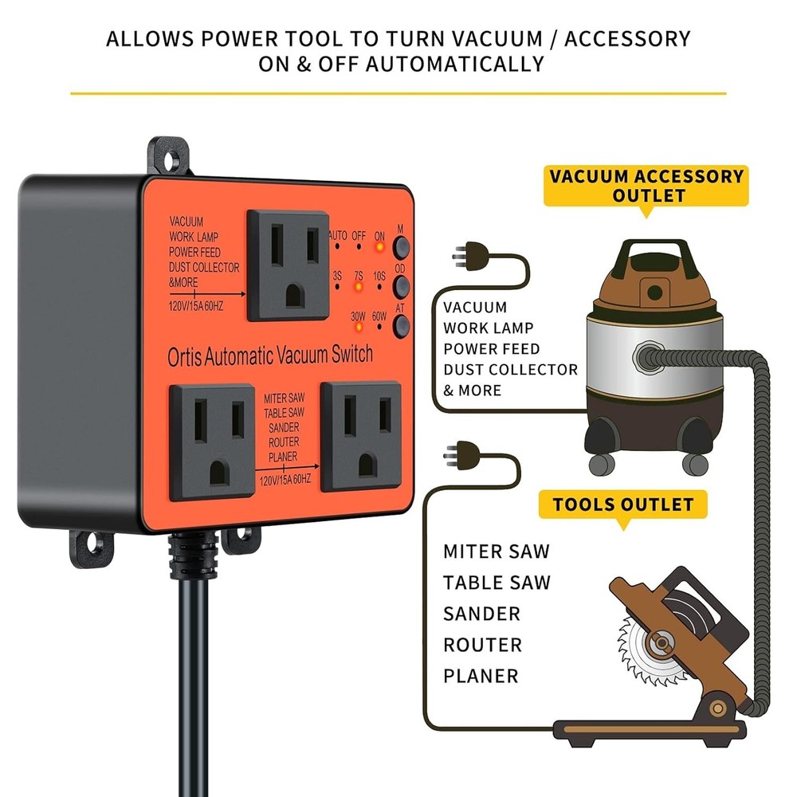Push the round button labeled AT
coord(401,324)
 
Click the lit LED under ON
coord(379,246)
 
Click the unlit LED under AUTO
coord(338,246)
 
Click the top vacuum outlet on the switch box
coord(288,265)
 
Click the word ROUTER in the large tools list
coord(483,644)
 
